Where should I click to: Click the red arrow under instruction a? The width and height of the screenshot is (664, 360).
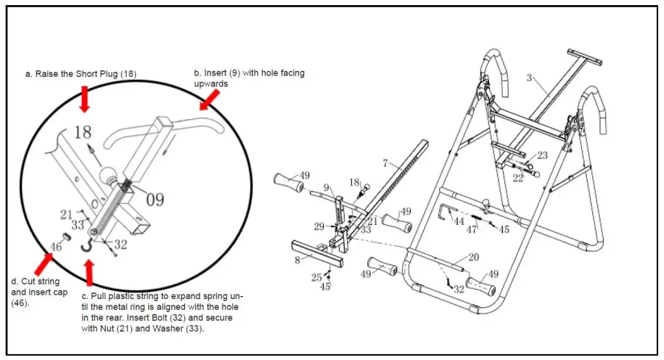pos(85,98)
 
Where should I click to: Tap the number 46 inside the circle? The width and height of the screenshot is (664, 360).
pos(56,246)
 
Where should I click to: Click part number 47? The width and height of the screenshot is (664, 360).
pos(472,230)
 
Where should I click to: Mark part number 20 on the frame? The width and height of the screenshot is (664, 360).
pos(473,257)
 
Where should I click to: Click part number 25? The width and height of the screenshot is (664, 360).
pos(316,277)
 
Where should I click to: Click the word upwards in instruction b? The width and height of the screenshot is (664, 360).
pos(211,83)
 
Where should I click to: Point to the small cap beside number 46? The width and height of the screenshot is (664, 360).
pos(64,236)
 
